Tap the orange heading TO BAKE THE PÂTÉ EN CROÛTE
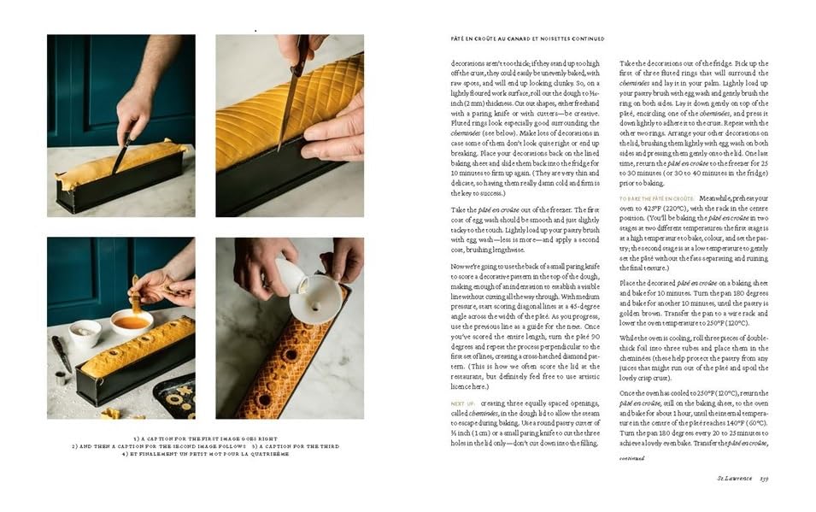click(x=657, y=198)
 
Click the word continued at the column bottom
click(x=631, y=458)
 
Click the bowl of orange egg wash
click(x=132, y=322)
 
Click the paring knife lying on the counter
click(x=62, y=351)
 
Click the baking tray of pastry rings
click(x=175, y=395)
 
